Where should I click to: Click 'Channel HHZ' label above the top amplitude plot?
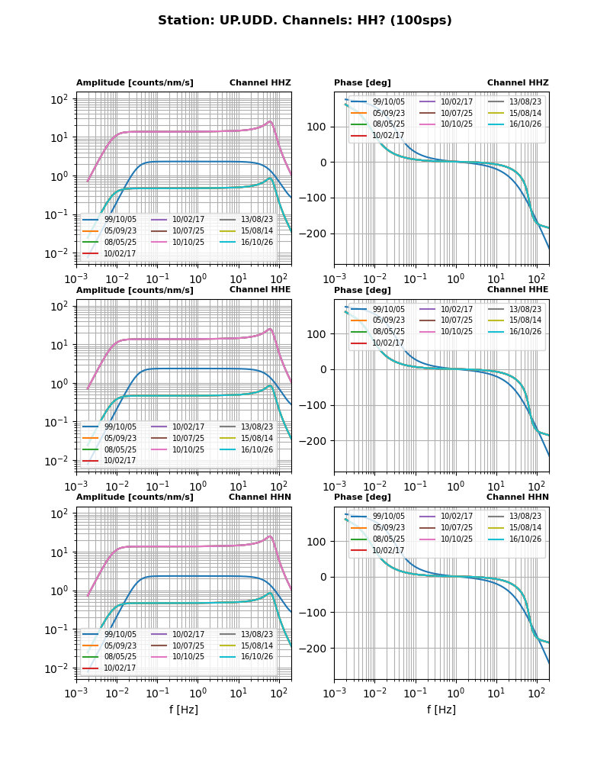pos(260,83)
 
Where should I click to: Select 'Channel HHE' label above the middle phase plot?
pos(518,290)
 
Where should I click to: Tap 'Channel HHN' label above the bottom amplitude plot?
pos(260,497)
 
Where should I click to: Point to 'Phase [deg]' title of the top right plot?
pos(362,83)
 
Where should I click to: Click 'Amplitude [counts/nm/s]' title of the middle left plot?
pos(135,291)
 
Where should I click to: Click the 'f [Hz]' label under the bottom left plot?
pos(184,710)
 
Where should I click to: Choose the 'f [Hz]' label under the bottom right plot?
pos(441,710)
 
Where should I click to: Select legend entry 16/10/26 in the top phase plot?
pos(525,124)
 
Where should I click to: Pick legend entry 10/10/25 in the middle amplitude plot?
pos(188,449)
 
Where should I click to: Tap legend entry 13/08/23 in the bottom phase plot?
pos(525,517)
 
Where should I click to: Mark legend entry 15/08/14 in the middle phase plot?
pos(525,320)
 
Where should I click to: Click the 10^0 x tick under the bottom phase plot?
pos(456,694)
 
